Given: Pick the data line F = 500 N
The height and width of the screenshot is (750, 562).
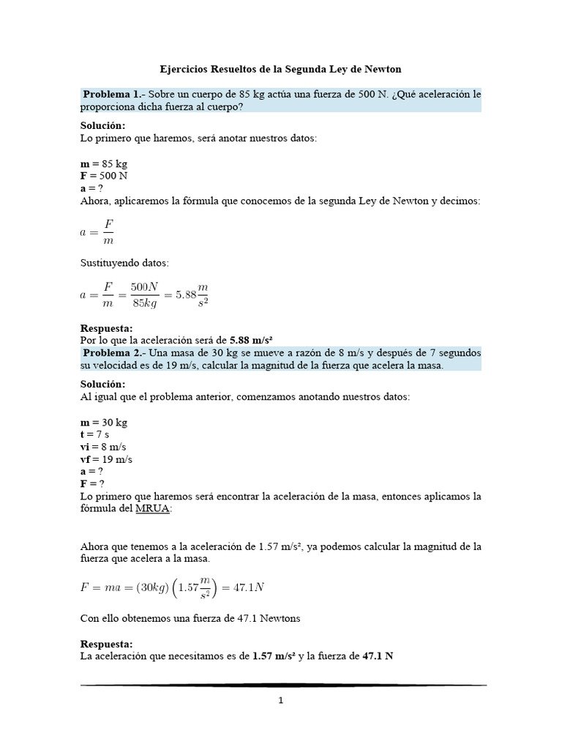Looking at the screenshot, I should pos(105,176).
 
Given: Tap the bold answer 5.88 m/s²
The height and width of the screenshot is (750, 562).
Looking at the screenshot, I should pos(251,340).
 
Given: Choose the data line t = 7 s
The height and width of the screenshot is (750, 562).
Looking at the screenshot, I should pos(94,434).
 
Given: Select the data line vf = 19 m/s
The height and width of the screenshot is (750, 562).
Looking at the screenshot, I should pos(105,459).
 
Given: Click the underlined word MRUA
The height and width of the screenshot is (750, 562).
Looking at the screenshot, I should pos(152,509).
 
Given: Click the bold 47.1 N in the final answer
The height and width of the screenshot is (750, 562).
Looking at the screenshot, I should pos(378,656).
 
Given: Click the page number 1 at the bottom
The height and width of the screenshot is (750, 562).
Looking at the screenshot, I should pos(281,700).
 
